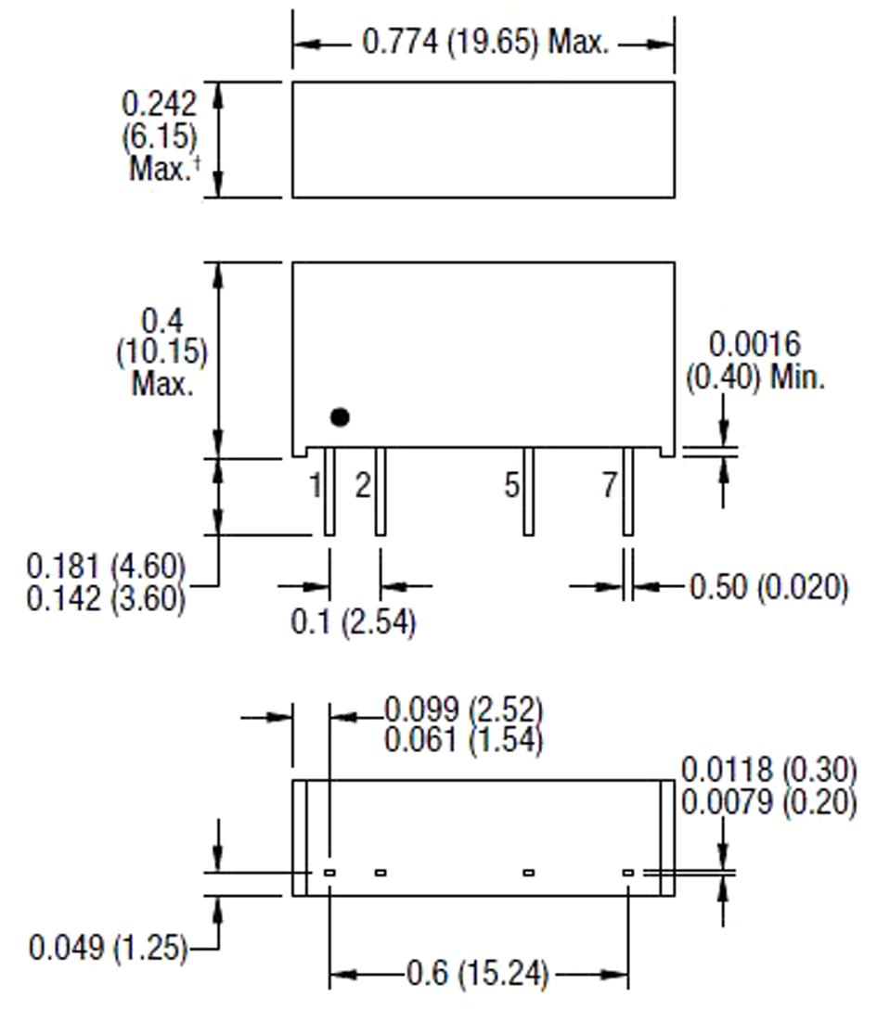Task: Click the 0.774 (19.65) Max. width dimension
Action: (484, 43)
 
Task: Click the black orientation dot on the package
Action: (340, 417)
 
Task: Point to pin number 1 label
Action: (316, 485)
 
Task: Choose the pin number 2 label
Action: (363, 485)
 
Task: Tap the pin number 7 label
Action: (609, 485)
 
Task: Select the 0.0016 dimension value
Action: (754, 345)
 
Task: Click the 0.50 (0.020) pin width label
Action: (768, 587)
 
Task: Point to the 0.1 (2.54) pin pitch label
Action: (354, 622)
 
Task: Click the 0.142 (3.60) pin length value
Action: (107, 598)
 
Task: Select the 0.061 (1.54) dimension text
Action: (464, 740)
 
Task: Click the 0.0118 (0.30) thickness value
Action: (769, 770)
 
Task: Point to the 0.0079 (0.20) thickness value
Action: (769, 802)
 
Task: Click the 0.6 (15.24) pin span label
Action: (478, 974)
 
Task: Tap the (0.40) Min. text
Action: (755, 377)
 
